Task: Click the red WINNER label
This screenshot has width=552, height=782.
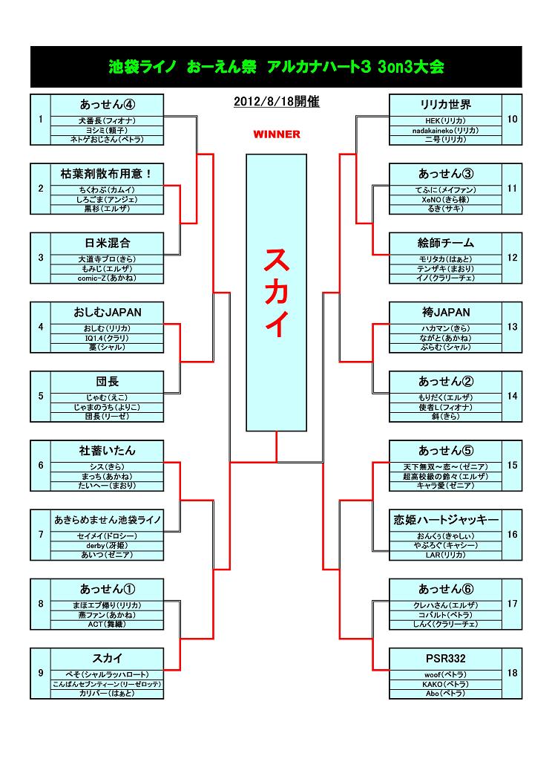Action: pos(276,134)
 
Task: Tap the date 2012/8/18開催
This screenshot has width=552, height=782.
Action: pos(276,102)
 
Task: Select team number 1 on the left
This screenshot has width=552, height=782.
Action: pos(40,119)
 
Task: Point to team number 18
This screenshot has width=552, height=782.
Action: pos(512,673)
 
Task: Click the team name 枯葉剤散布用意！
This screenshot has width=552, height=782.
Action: pos(107,174)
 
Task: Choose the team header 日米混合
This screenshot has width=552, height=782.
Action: pos(107,243)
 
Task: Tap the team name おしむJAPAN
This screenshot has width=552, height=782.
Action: pos(107,312)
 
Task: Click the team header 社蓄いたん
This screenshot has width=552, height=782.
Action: pos(107,451)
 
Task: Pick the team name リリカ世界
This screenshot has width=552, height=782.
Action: pos(445,105)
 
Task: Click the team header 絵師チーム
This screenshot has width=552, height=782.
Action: pos(445,243)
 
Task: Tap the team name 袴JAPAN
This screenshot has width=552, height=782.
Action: pos(445,312)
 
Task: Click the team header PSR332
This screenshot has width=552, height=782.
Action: pos(445,658)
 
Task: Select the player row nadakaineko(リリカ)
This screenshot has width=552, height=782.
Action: pos(445,130)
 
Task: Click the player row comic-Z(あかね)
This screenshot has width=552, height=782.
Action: pos(107,278)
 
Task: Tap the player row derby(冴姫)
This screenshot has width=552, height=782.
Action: pos(107,546)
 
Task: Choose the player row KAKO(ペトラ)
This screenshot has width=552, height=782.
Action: pos(445,684)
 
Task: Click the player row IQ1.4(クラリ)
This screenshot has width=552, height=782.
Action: pos(107,338)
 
